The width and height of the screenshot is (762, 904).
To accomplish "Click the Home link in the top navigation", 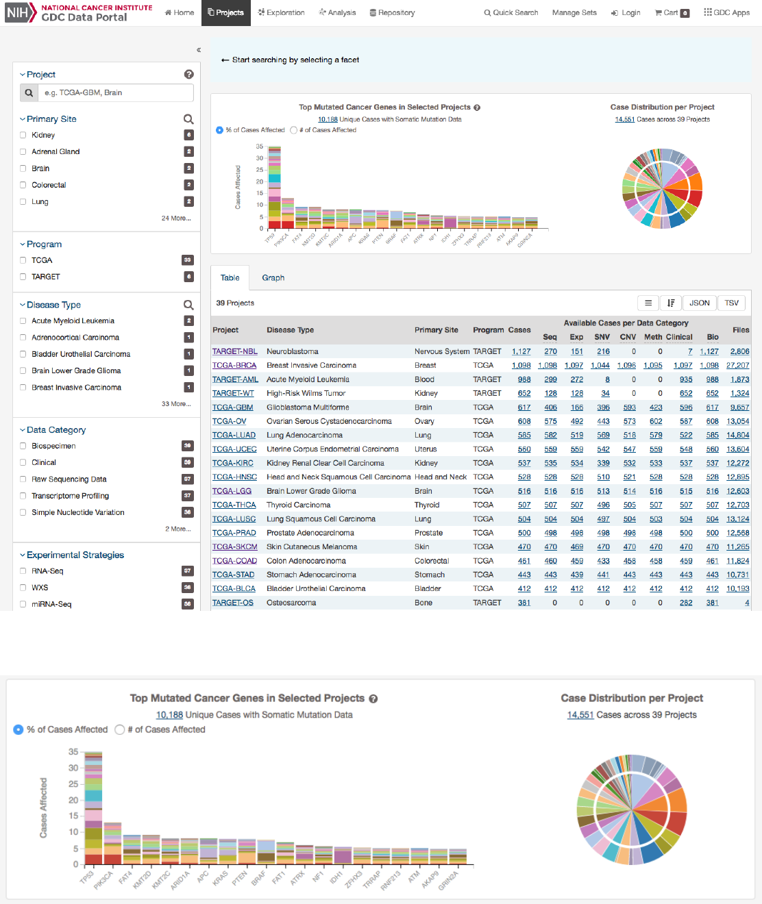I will coord(180,13).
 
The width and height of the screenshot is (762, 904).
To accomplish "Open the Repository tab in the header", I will coord(392,13).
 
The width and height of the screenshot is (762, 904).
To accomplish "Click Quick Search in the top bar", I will coord(511,13).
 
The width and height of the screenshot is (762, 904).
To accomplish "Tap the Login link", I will coord(626,13).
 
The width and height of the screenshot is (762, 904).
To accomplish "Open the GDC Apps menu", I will coord(726,13).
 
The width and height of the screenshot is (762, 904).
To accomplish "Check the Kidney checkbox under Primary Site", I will coord(23,136).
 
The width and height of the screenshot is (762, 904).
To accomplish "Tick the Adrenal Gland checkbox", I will coord(23,152).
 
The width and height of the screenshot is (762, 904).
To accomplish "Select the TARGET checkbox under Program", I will coord(23,277).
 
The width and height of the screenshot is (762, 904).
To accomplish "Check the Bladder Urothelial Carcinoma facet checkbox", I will coord(23,355).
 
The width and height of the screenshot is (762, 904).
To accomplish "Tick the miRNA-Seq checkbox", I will coord(23,605).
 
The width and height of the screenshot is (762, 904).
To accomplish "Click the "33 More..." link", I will coord(176,404).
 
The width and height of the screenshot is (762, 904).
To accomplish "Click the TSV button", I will coord(732,303).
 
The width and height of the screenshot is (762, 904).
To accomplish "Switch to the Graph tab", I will coord(273,278).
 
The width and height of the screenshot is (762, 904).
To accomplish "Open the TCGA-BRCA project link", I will coord(234,366).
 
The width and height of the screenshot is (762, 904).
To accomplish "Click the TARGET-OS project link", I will coord(233,603).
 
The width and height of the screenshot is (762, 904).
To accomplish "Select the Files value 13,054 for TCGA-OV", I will coord(737,422).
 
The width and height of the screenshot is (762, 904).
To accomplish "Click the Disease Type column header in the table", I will coord(290,330).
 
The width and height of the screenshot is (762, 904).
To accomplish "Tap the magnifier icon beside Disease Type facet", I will coord(188,305).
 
